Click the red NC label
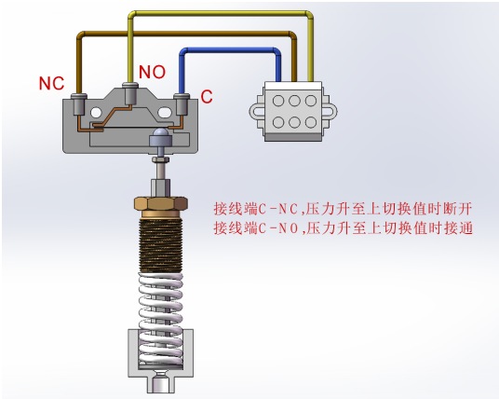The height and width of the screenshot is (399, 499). pyautogui.click(x=51, y=83)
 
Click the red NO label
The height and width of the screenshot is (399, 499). pyautogui.click(x=152, y=72)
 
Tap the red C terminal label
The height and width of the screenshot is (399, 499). pyautogui.click(x=207, y=97)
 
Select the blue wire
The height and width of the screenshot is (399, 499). pyautogui.click(x=230, y=50)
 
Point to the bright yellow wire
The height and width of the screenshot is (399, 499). pyautogui.click(x=220, y=13)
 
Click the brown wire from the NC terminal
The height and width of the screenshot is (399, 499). pyautogui.click(x=184, y=34)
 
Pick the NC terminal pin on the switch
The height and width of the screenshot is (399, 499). pyautogui.click(x=79, y=104)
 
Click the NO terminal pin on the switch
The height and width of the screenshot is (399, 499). pyautogui.click(x=130, y=93)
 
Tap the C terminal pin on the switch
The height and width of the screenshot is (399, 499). pyautogui.click(x=182, y=104)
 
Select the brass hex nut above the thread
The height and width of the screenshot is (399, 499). pyautogui.click(x=161, y=203)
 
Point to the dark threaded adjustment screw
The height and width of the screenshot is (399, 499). pyautogui.click(x=161, y=245)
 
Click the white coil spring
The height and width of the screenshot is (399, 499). pyautogui.click(x=161, y=320)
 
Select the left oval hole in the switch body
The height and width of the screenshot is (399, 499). pyautogui.click(x=96, y=112)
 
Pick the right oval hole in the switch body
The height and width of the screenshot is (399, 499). pyautogui.click(x=165, y=112)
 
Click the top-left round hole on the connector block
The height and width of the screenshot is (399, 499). pyautogui.click(x=278, y=101)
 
